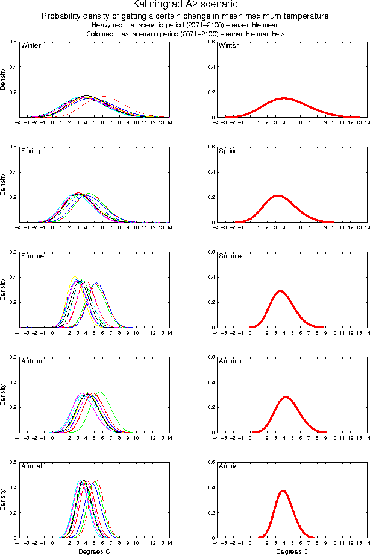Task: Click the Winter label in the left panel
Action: (30, 46)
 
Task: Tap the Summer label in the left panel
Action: (34, 256)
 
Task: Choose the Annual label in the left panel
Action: (31, 466)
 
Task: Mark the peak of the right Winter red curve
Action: (284, 98)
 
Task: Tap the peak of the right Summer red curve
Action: (280, 291)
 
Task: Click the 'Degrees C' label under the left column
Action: (94, 551)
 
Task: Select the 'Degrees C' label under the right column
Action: (292, 551)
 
